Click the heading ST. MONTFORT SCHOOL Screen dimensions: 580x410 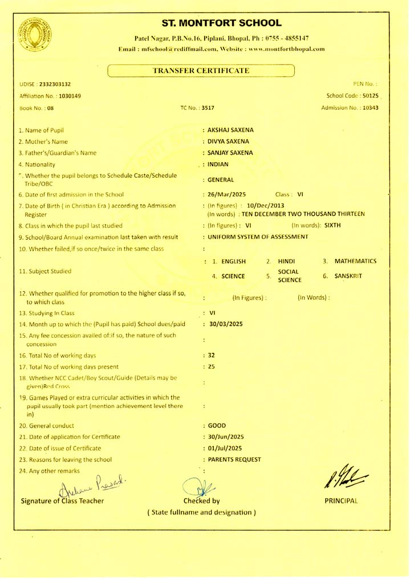[x=222, y=23]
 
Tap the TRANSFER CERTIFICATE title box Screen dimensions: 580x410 [x=201, y=70]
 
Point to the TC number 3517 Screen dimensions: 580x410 [x=206, y=107]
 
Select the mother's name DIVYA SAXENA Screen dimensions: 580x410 [x=228, y=141]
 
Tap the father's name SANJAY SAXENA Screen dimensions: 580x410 [x=230, y=152]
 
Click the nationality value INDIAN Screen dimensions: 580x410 [x=218, y=164]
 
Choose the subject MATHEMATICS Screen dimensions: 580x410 [x=355, y=261]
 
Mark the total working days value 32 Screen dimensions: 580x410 [x=212, y=355]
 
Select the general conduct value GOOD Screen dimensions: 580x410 [x=217, y=425]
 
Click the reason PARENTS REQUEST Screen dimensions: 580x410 [x=234, y=459]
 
